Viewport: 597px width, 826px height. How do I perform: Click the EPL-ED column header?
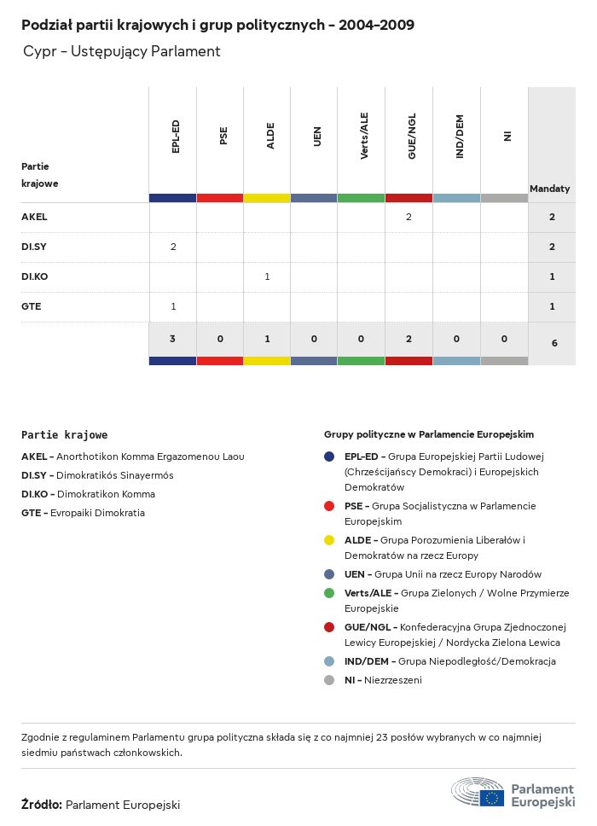(x=176, y=137)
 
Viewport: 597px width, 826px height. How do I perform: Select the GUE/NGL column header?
(x=412, y=137)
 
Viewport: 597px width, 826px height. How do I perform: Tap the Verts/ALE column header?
(x=365, y=137)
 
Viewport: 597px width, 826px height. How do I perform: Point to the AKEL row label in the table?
(x=34, y=217)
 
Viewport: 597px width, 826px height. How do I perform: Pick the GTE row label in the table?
(x=32, y=306)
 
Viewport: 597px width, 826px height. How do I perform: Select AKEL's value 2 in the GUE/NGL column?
(x=409, y=217)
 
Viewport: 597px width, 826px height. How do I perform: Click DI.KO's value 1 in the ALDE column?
(x=267, y=276)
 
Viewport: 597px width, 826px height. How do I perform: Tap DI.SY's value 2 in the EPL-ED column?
(x=173, y=247)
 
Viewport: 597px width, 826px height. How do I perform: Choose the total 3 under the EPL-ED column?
(x=173, y=339)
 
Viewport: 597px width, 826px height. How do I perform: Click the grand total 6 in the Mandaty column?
(x=553, y=343)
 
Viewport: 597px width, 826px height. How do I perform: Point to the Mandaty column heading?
(x=550, y=188)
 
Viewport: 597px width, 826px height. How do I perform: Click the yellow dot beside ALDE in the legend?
(x=329, y=540)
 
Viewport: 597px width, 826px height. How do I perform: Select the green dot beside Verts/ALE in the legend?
(x=329, y=593)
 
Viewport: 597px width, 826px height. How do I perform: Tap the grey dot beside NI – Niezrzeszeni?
(x=329, y=680)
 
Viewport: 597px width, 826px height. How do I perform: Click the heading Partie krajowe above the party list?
(x=64, y=435)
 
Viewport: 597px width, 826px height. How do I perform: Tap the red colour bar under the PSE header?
(x=220, y=198)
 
